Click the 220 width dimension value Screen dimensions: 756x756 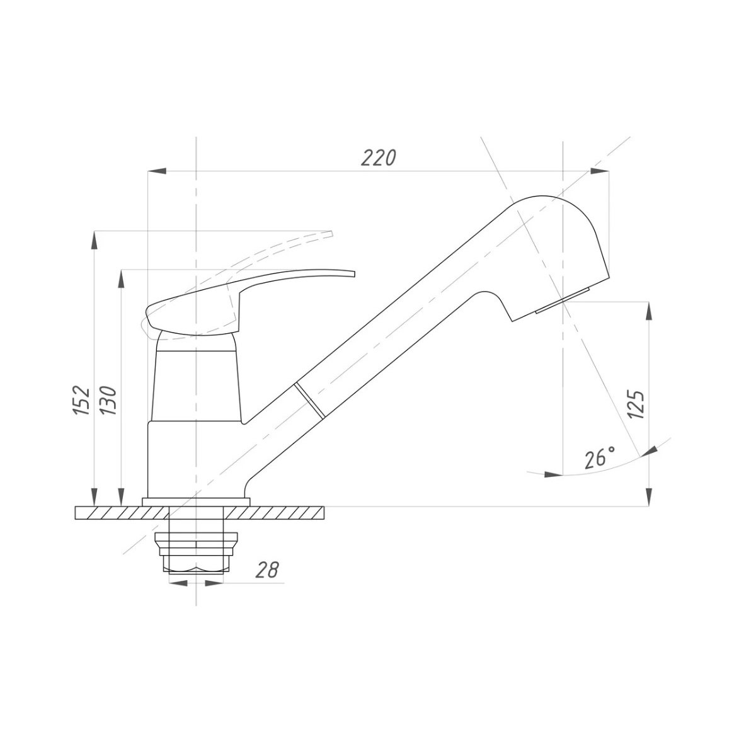pyautogui.click(x=378, y=158)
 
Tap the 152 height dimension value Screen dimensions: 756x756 pyautogui.click(x=82, y=400)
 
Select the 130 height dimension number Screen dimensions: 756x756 pyautogui.click(x=108, y=401)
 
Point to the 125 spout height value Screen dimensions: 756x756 pyautogui.click(x=636, y=404)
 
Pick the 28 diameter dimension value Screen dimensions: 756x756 pyautogui.click(x=267, y=570)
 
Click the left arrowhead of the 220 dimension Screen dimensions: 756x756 pyautogui.click(x=156, y=171)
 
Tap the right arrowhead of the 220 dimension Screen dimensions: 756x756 pyautogui.click(x=600, y=171)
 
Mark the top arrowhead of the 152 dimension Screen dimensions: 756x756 pyautogui.click(x=94, y=241)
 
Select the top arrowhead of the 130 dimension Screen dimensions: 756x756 pyautogui.click(x=122, y=279)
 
